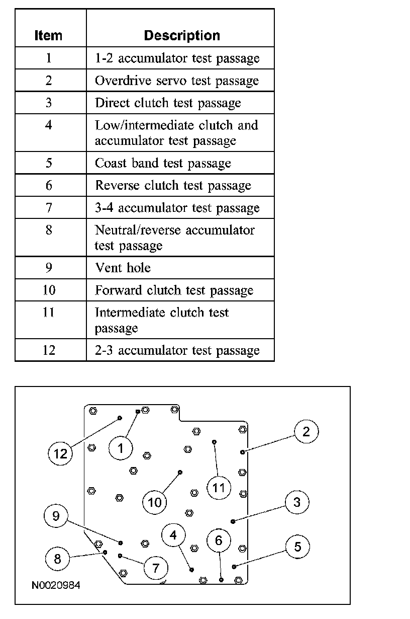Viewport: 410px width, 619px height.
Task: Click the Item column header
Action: [48, 36]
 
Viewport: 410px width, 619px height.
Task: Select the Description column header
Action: [182, 36]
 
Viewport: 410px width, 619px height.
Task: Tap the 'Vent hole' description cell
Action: [123, 268]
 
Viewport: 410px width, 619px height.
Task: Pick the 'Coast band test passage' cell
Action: [163, 164]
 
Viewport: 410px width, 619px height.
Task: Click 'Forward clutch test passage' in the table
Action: [174, 290]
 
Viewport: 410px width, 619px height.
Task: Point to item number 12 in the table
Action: [49, 350]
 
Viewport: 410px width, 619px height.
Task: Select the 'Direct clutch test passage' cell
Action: [168, 103]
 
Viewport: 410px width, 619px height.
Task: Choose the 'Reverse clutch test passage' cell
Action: [173, 186]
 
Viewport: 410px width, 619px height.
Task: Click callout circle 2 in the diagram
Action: [306, 431]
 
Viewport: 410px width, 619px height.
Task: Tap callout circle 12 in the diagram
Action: [60, 454]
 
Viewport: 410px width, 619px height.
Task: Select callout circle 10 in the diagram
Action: [155, 502]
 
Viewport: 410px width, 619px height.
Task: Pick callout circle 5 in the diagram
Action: [298, 547]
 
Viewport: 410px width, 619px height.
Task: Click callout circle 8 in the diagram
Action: [57, 559]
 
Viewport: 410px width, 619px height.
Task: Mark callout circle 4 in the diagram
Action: [173, 535]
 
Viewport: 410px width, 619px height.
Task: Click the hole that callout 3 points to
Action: [232, 521]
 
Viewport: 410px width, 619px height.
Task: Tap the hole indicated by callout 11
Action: [214, 442]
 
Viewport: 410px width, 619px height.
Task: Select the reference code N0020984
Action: [56, 585]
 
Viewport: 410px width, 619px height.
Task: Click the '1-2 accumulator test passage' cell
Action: [177, 58]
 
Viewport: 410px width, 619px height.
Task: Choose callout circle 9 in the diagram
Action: [56, 516]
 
